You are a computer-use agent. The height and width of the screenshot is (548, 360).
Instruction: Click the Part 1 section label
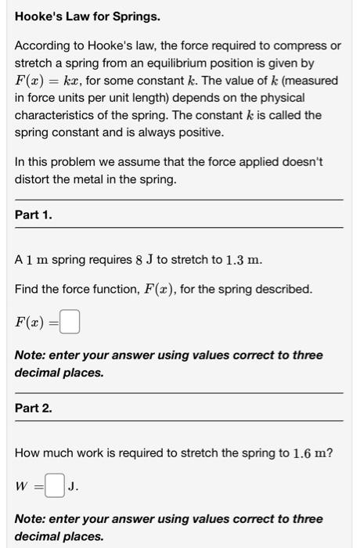(34, 215)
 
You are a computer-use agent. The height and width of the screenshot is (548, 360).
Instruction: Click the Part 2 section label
(34, 408)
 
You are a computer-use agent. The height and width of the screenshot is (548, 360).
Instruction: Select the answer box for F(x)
(70, 322)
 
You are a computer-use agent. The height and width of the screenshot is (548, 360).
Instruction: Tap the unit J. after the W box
(72, 486)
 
